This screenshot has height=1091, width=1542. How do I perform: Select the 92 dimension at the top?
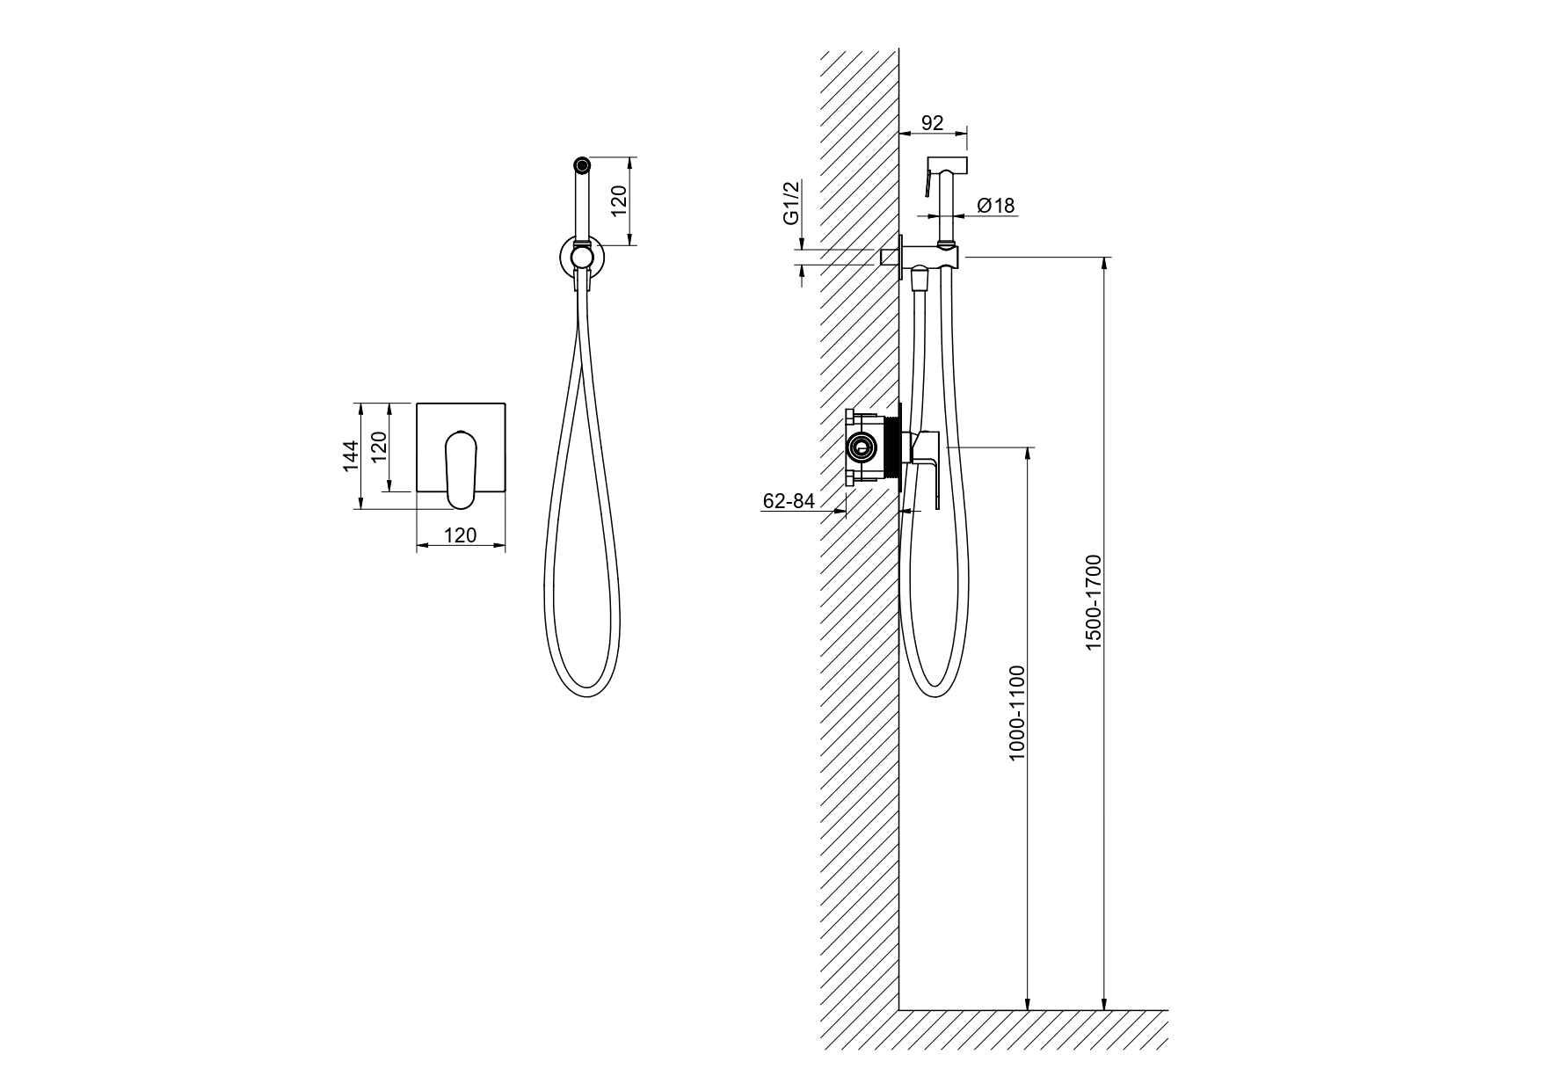click(932, 123)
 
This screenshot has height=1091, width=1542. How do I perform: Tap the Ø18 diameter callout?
click(995, 206)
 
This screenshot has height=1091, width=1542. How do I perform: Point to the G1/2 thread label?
click(791, 202)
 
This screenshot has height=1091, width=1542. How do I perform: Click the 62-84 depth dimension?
click(789, 501)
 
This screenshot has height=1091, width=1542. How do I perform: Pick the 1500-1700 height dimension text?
click(1093, 602)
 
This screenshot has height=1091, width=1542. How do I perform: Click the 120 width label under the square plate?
click(460, 535)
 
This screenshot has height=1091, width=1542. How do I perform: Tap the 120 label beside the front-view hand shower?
click(619, 202)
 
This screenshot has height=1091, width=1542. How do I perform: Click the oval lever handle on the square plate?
click(461, 469)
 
